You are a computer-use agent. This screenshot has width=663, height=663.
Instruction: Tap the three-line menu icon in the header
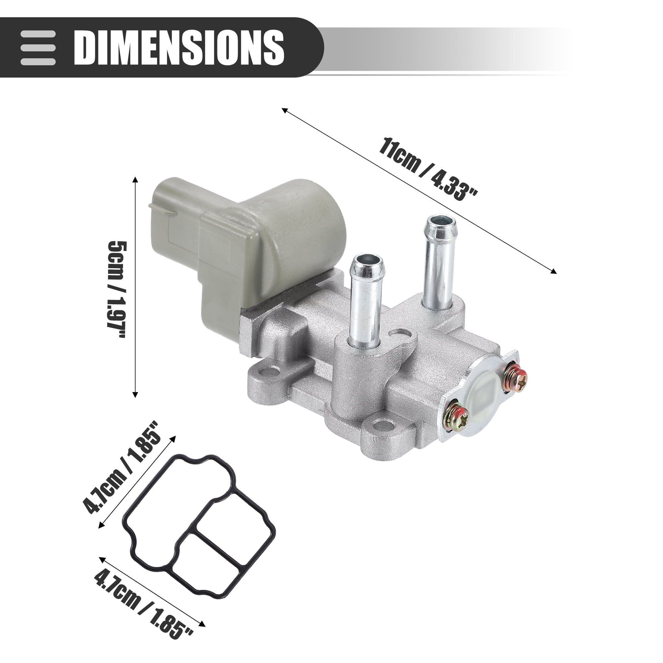(x=38, y=48)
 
